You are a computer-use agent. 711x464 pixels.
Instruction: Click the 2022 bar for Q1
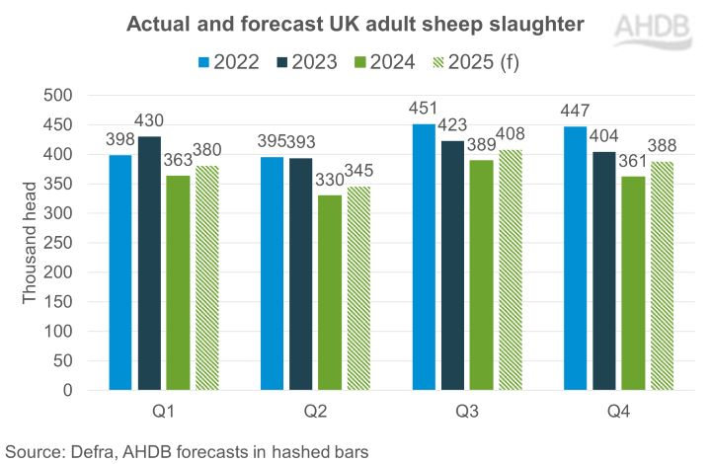[x=120, y=272]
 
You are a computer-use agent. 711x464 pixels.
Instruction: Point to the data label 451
[x=423, y=112]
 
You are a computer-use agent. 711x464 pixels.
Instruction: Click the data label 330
[x=330, y=184]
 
